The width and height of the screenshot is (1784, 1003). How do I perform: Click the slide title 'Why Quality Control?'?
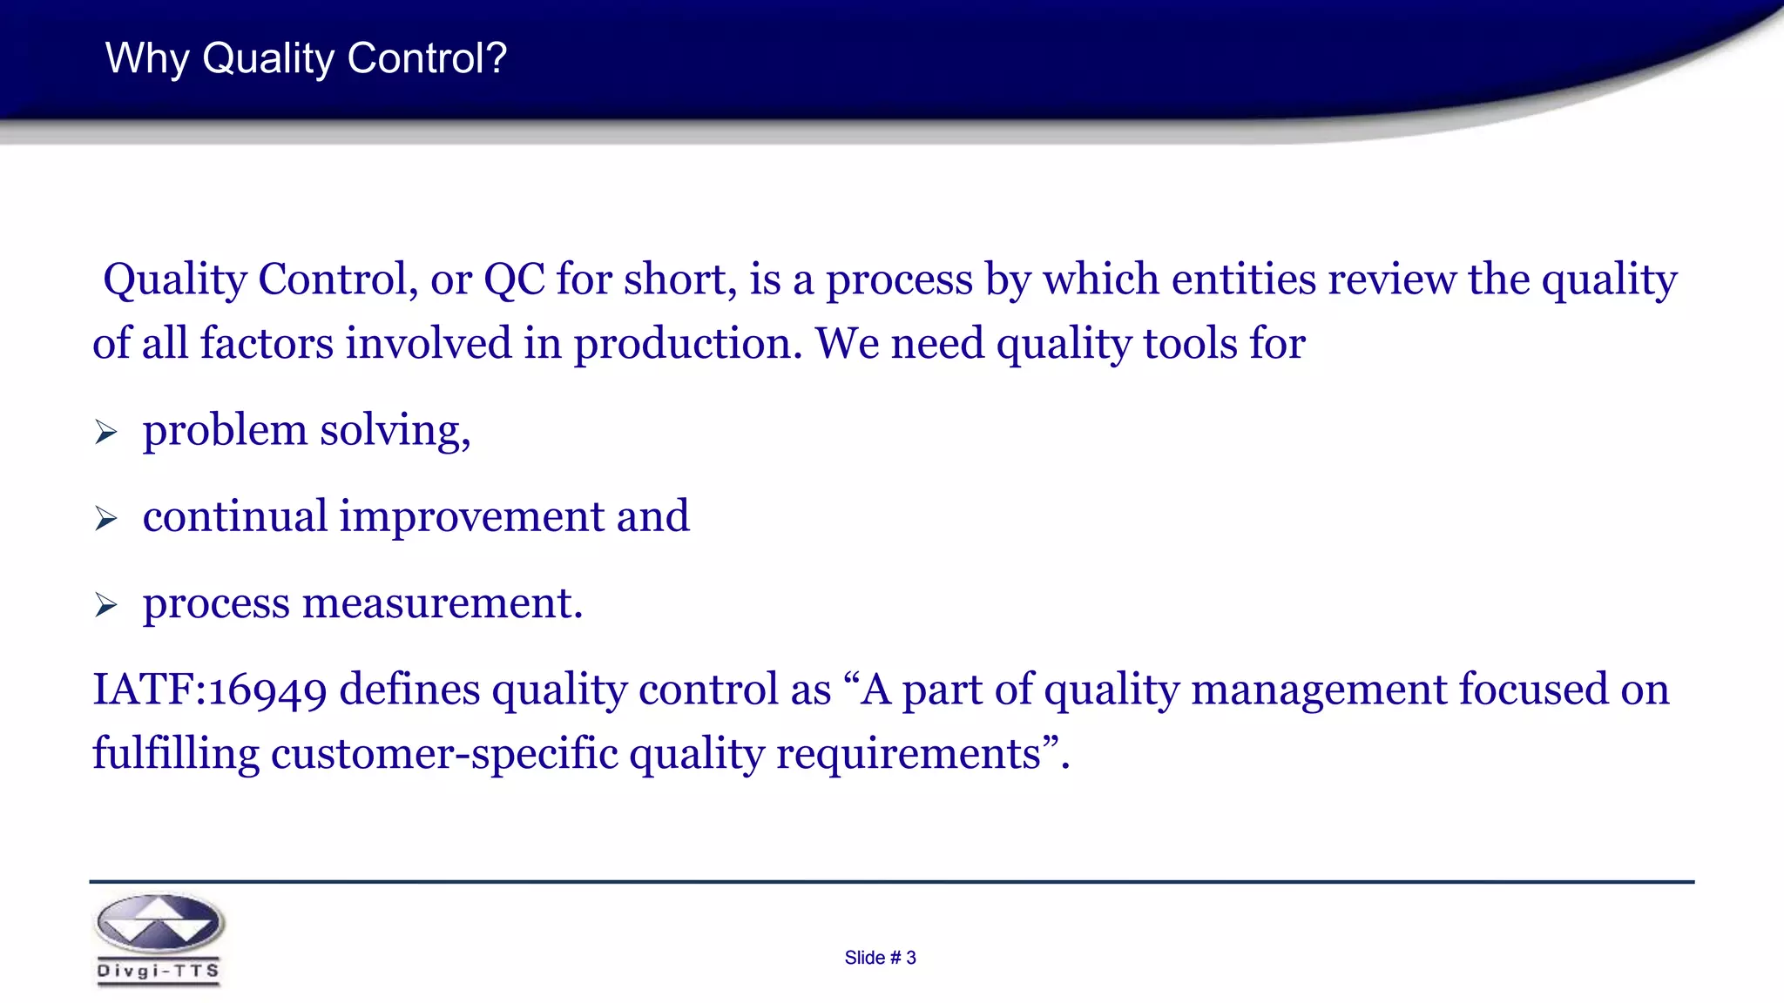pos(306,58)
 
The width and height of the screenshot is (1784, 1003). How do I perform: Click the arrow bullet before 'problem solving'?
pos(106,432)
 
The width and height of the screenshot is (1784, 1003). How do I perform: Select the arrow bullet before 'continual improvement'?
pos(106,519)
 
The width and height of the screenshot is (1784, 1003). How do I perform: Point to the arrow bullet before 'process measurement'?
pos(106,605)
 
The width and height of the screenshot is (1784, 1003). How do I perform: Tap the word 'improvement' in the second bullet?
pos(471,517)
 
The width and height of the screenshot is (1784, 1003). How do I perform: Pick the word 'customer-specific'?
pos(444,754)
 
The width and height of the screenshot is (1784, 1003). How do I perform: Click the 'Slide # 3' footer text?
pos(880,958)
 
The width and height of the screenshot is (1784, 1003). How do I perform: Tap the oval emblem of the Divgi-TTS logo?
pos(159,924)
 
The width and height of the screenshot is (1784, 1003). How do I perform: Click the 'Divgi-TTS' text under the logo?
pos(158,972)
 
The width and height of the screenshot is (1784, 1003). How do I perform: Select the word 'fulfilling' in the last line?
pos(175,754)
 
